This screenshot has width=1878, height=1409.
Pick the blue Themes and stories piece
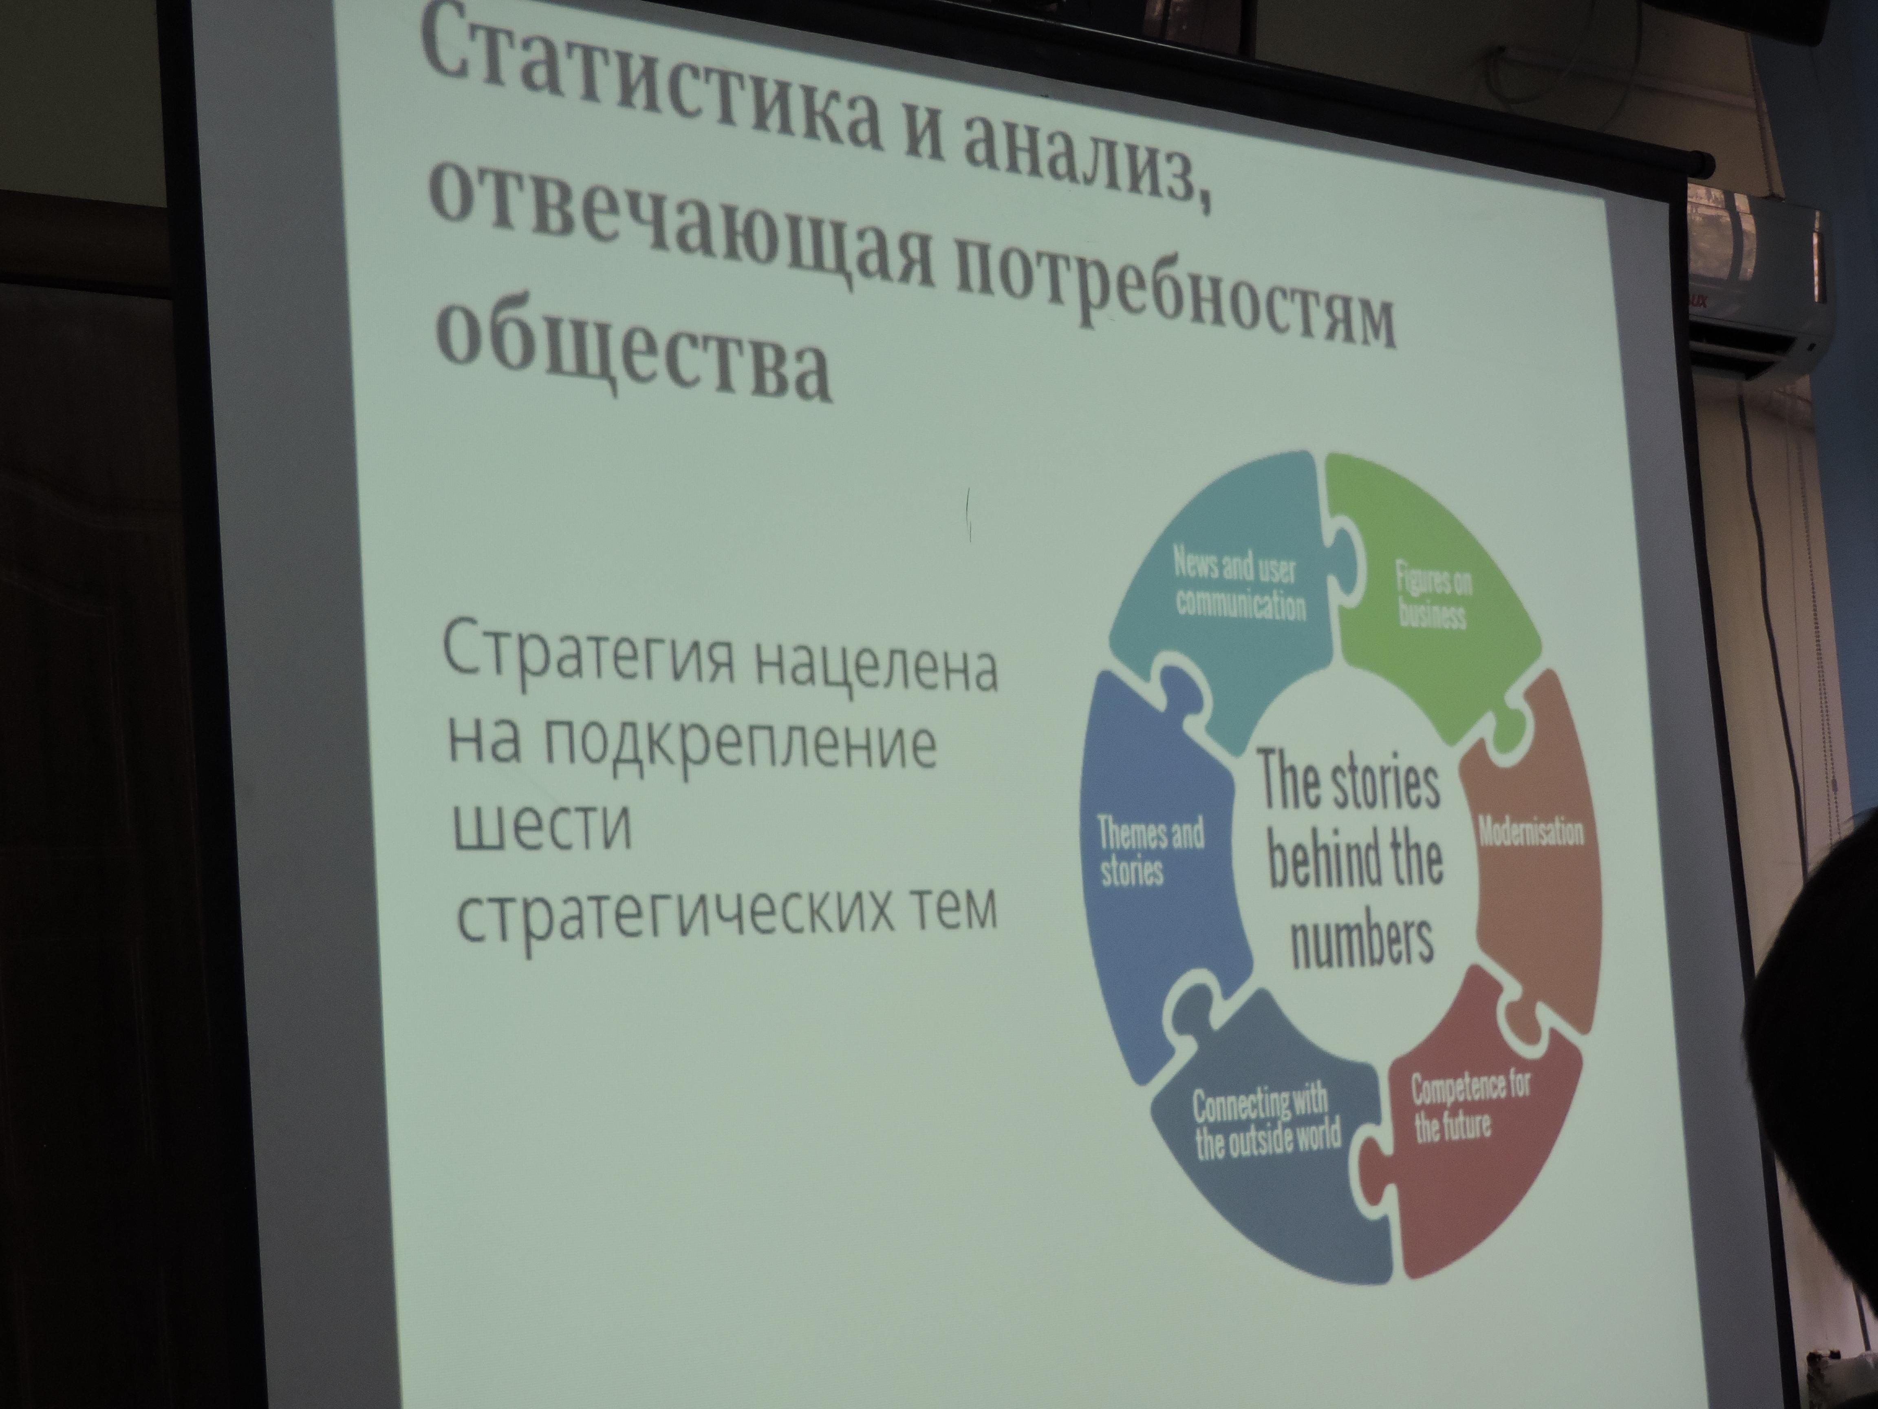point(1155,858)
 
